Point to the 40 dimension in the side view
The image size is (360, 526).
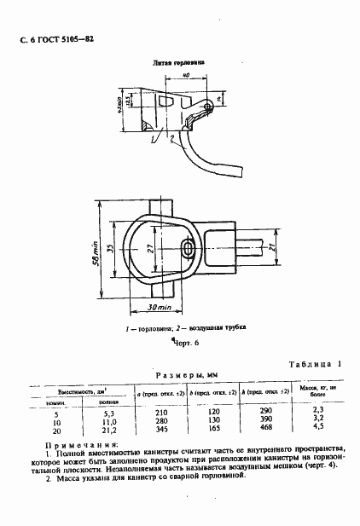185,77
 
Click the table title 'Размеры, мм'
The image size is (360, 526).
181,375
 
